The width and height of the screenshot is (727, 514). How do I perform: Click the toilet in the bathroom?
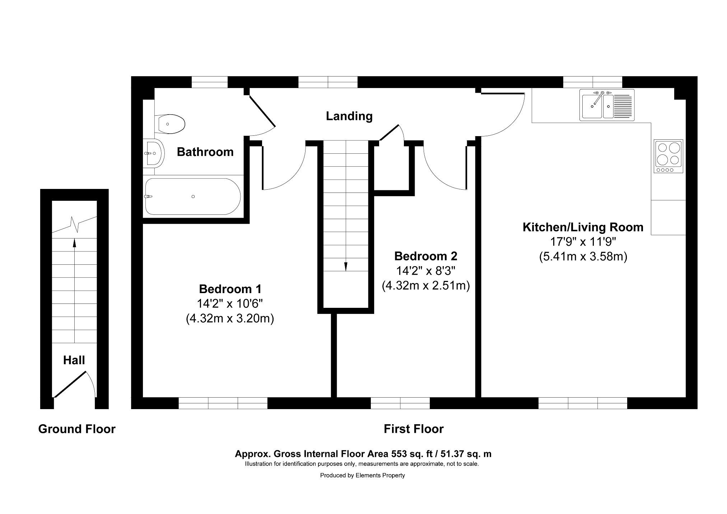170,124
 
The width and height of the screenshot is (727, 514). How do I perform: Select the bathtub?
193,196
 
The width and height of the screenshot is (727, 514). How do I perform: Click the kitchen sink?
607,105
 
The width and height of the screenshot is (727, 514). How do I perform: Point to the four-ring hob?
668,156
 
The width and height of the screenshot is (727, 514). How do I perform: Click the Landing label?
349,116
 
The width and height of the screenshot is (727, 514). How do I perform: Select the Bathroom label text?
205,152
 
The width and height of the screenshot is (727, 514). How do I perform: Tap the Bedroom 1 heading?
230,289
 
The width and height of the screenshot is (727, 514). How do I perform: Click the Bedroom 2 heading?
426,256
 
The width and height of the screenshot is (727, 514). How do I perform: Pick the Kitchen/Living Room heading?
583,227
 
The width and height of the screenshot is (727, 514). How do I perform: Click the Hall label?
74,360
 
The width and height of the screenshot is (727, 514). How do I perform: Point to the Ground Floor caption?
77,429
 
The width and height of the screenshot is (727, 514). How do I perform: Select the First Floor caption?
414,429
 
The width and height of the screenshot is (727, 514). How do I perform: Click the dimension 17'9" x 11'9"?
583,242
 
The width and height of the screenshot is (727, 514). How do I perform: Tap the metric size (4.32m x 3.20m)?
230,319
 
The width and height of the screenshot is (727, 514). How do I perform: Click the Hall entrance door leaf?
70,384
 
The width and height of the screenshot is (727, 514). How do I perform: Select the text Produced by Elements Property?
363,476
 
